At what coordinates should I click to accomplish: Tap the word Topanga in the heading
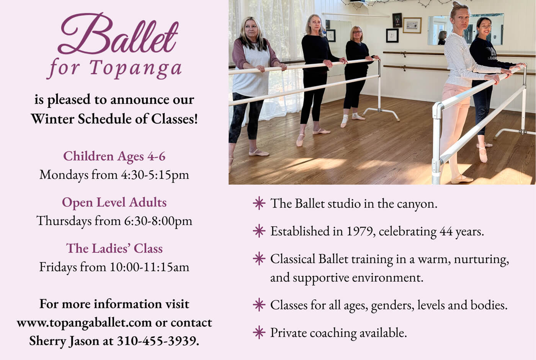tap(136, 68)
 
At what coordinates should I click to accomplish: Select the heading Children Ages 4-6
tap(114, 156)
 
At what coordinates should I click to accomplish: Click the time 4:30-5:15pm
tap(155, 175)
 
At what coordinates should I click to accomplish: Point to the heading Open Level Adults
tap(114, 202)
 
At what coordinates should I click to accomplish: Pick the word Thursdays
tap(64, 221)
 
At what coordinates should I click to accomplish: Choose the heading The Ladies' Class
tap(114, 248)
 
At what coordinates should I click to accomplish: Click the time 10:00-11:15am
tap(149, 267)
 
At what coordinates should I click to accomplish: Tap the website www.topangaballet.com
tap(84, 323)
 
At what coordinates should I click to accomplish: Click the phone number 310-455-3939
tap(158, 341)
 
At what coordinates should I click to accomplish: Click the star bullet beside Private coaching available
tap(259, 332)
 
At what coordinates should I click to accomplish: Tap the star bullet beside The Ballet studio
tap(259, 204)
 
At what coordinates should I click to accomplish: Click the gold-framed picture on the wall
tap(412, 25)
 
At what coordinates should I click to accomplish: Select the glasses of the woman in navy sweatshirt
tap(485, 27)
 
